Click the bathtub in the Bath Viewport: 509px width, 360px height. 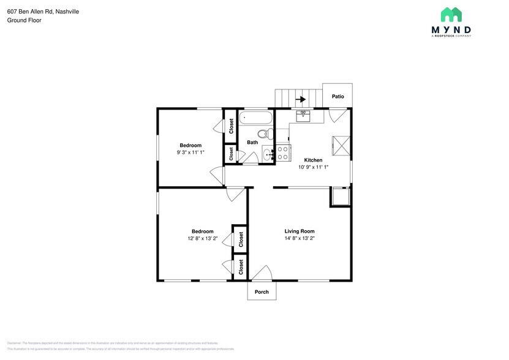pyautogui.click(x=255, y=118)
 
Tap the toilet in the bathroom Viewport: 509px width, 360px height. pyautogui.click(x=263, y=134)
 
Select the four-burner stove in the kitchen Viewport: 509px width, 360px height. pyautogui.click(x=283, y=153)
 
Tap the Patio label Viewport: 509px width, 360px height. pyautogui.click(x=337, y=97)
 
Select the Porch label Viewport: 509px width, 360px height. pyautogui.click(x=262, y=292)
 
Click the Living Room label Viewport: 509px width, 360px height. pyautogui.click(x=299, y=231)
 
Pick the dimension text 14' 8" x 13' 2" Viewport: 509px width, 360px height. pyautogui.click(x=299, y=239)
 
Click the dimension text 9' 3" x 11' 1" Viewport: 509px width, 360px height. pyautogui.click(x=190, y=152)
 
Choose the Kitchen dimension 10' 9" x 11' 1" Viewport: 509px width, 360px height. pyautogui.click(x=314, y=167)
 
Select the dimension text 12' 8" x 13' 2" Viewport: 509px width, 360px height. pyautogui.click(x=202, y=239)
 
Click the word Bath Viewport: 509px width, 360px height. pyautogui.click(x=252, y=143)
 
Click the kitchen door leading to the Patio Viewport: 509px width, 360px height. pyautogui.click(x=337, y=114)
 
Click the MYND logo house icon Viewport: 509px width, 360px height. pyautogui.click(x=451, y=15)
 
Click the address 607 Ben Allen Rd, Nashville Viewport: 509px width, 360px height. pyautogui.click(x=43, y=12)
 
